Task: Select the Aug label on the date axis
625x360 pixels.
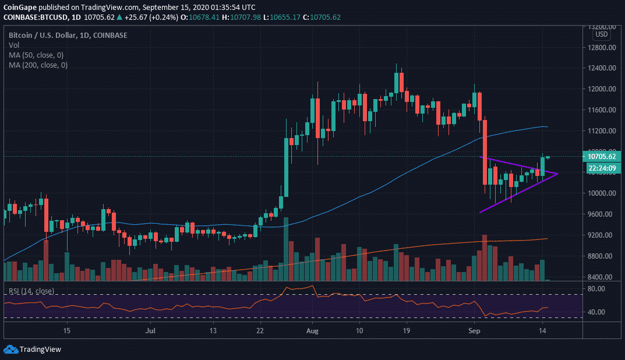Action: (x=313, y=330)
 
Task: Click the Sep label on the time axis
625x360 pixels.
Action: (x=475, y=330)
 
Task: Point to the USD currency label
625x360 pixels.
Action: (x=601, y=34)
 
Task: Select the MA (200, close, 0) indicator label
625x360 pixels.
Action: (x=39, y=65)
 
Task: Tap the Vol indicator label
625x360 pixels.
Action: (x=13, y=45)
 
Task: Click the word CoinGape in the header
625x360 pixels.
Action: (x=20, y=8)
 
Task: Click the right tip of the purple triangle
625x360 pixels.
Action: (x=558, y=174)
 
